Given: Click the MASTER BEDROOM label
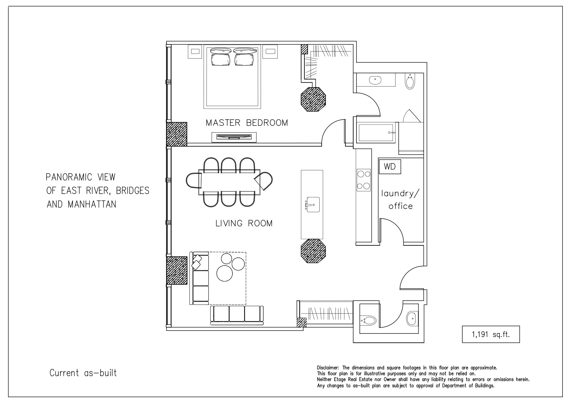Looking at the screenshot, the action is click(x=247, y=123).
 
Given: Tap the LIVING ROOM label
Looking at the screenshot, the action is click(x=244, y=223).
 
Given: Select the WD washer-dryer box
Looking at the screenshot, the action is click(x=390, y=167).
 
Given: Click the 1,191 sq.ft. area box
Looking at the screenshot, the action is click(x=491, y=334).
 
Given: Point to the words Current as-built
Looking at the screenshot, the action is click(x=83, y=373).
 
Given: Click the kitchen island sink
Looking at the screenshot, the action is click(x=312, y=204).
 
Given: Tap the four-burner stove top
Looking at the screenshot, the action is click(x=364, y=180).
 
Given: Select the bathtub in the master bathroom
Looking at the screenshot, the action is click(x=377, y=133).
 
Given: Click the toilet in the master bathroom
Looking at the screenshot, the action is click(x=410, y=81).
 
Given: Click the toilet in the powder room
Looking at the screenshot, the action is click(x=368, y=321).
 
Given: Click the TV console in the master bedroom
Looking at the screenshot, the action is click(x=234, y=137).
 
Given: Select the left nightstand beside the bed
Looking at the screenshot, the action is click(x=195, y=51).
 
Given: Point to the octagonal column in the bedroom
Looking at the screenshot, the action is click(x=313, y=99).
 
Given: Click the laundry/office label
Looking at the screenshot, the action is click(x=401, y=200).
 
